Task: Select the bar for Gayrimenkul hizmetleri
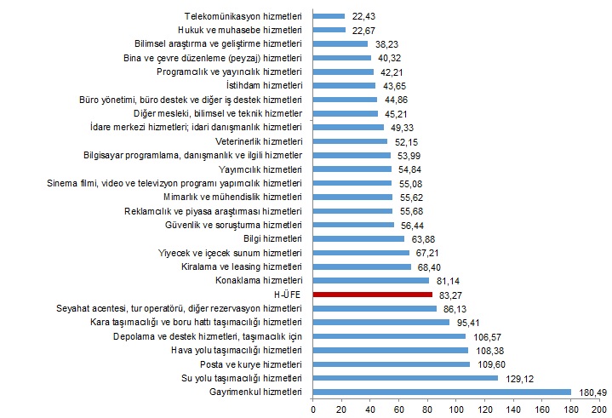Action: click(x=442, y=392)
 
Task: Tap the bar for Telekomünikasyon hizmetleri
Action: click(x=329, y=15)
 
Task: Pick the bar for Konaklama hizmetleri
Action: click(x=371, y=280)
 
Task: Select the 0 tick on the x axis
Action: click(x=314, y=409)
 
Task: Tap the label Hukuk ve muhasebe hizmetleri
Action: click(x=242, y=29)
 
